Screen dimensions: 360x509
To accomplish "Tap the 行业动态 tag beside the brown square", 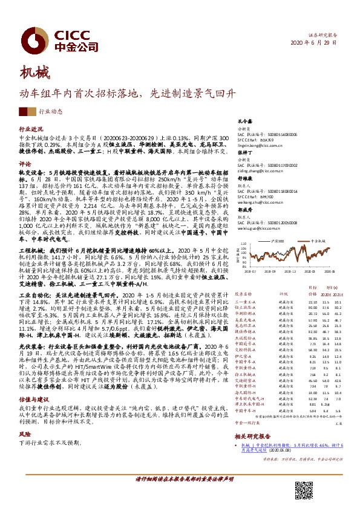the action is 50,112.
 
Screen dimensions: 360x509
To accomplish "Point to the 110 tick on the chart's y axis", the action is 243,229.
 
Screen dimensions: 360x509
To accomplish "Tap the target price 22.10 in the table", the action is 313,285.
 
